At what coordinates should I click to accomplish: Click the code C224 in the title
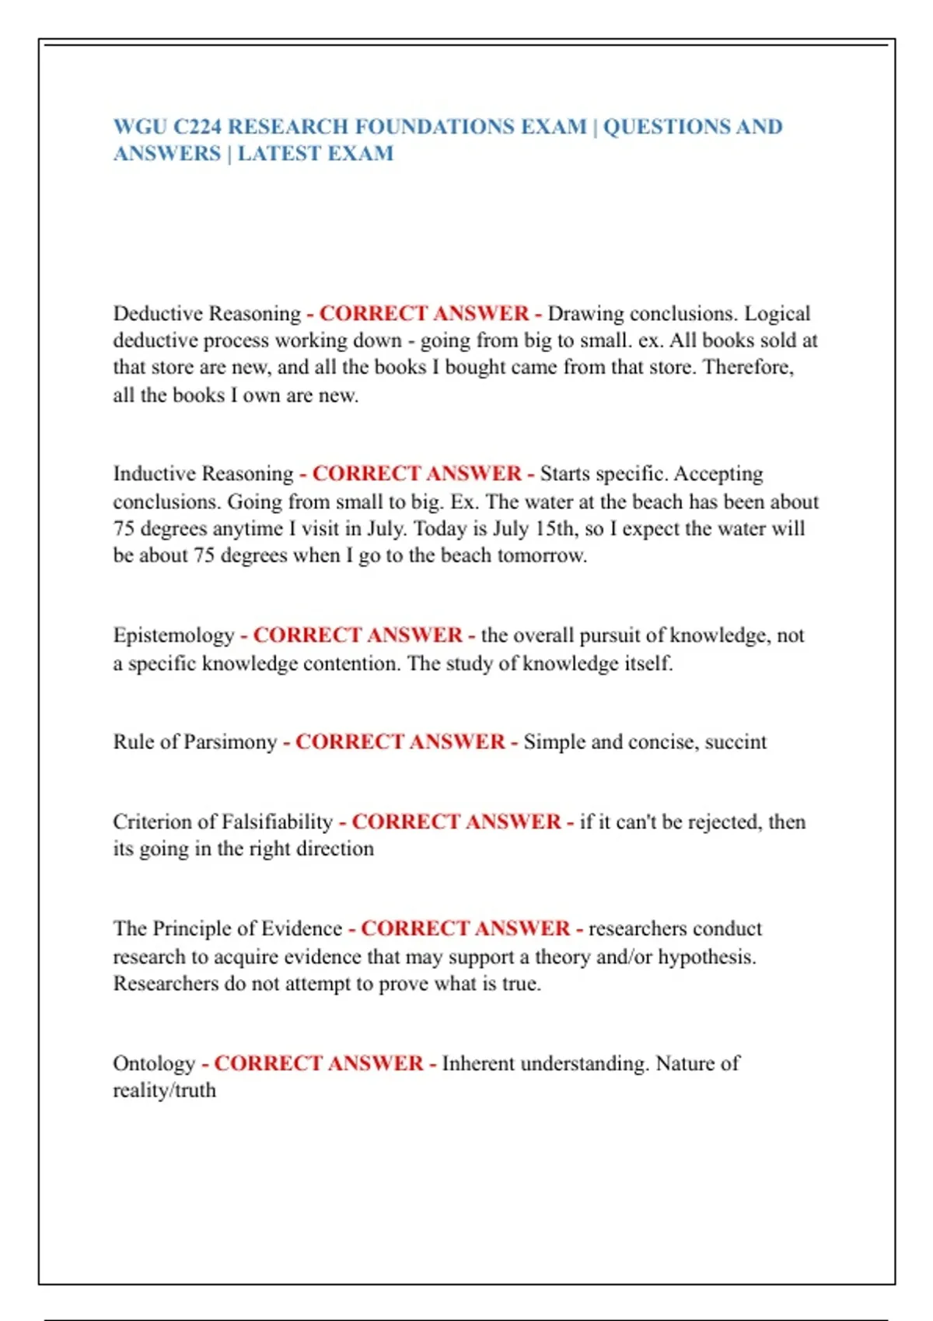pyautogui.click(x=197, y=127)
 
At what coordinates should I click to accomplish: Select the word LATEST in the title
pyautogui.click(x=279, y=153)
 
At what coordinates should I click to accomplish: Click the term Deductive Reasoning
pyautogui.click(x=207, y=313)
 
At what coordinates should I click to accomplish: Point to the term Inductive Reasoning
pyautogui.click(x=203, y=473)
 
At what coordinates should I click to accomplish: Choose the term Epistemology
pyautogui.click(x=173, y=635)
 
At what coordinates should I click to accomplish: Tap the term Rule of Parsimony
pyautogui.click(x=194, y=741)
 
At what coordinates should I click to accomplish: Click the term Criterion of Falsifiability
pyautogui.click(x=222, y=821)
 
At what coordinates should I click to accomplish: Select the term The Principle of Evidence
pyautogui.click(x=227, y=929)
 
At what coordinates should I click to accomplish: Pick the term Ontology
pyautogui.click(x=154, y=1063)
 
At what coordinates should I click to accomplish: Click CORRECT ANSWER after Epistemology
pyautogui.click(x=358, y=635)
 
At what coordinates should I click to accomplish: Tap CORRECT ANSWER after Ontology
pyautogui.click(x=319, y=1063)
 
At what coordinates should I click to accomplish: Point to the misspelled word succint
pyautogui.click(x=736, y=741)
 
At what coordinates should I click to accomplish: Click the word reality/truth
pyautogui.click(x=164, y=1090)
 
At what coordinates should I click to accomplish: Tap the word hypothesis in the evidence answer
pyautogui.click(x=707, y=957)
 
